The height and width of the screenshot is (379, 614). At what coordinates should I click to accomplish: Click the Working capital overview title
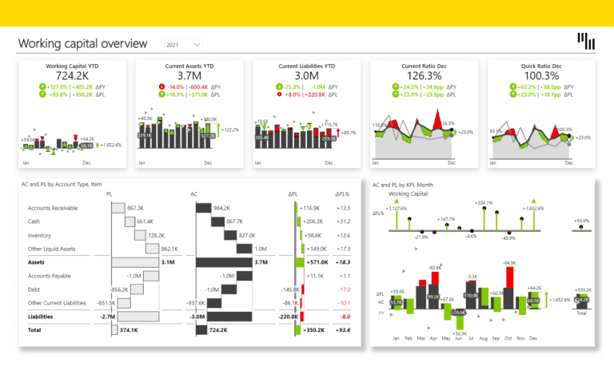[82, 43]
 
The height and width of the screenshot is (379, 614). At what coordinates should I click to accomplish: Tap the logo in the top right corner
[585, 42]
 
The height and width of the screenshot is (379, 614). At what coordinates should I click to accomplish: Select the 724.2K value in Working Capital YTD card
[72, 75]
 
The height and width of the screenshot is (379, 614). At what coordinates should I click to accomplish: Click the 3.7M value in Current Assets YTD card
[189, 75]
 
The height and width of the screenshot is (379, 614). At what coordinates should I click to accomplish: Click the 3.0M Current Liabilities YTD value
[306, 75]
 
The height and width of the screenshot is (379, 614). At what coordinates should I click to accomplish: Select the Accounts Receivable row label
[54, 208]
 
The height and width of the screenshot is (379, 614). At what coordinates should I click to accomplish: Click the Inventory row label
[39, 235]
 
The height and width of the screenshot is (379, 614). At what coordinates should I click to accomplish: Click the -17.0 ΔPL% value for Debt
[345, 289]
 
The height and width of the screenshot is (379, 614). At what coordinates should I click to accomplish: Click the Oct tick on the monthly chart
[508, 338]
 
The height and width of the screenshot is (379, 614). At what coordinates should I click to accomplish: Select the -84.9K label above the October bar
[508, 261]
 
